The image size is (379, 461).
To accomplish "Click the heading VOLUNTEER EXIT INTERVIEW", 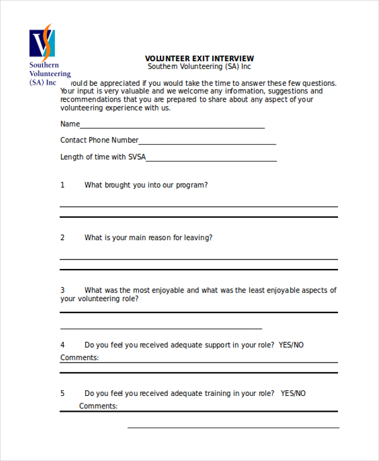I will point(200,58).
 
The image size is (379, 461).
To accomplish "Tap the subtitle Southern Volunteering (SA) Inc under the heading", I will point(200,66).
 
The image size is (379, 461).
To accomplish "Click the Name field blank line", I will point(172,127).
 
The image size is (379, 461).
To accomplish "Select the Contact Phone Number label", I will point(99,140).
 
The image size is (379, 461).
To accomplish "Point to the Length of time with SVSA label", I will point(102,157).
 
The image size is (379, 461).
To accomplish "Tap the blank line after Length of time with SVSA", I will point(211,160).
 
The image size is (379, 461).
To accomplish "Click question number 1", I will point(63,185).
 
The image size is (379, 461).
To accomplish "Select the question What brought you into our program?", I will point(146,185).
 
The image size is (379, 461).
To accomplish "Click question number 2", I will point(63,237).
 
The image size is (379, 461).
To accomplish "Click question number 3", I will point(63,290).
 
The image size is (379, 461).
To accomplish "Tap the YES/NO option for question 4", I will point(291,345).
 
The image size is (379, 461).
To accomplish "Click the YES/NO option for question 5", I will point(293,393).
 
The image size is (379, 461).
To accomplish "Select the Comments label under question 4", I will point(80,357).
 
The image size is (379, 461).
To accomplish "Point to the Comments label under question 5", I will point(99,406).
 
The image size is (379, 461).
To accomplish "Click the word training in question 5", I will point(218,393).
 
